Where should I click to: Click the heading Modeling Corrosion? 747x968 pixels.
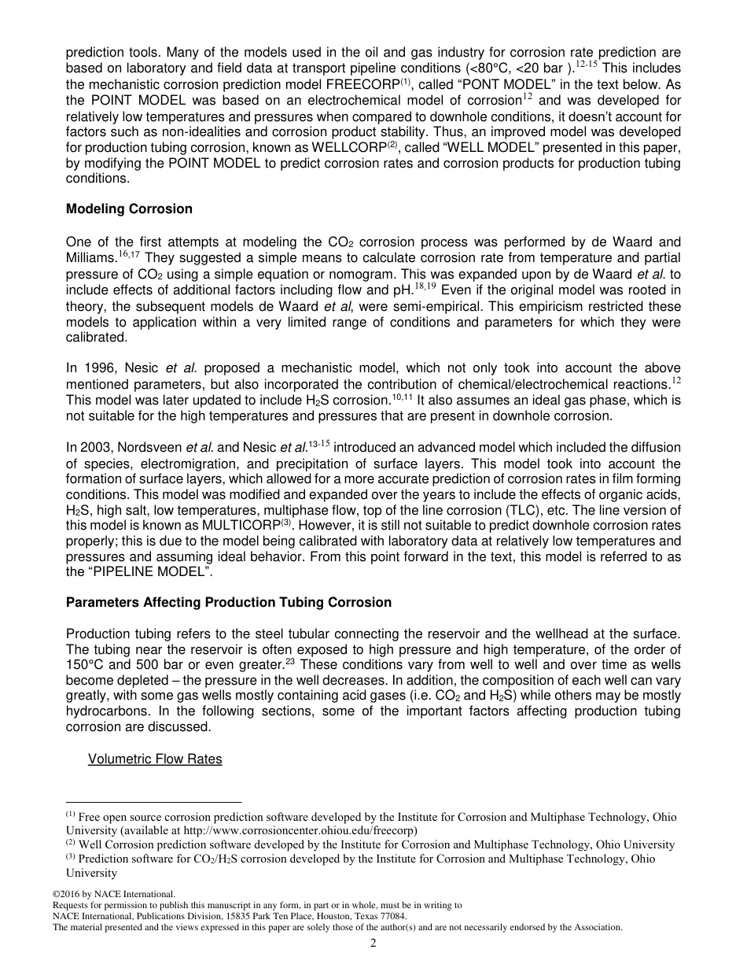point(129,209)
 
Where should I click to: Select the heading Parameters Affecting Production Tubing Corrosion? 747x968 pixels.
point(229,602)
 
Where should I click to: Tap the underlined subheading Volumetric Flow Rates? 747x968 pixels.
point(155,759)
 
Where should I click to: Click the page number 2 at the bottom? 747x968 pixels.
point(373,944)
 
